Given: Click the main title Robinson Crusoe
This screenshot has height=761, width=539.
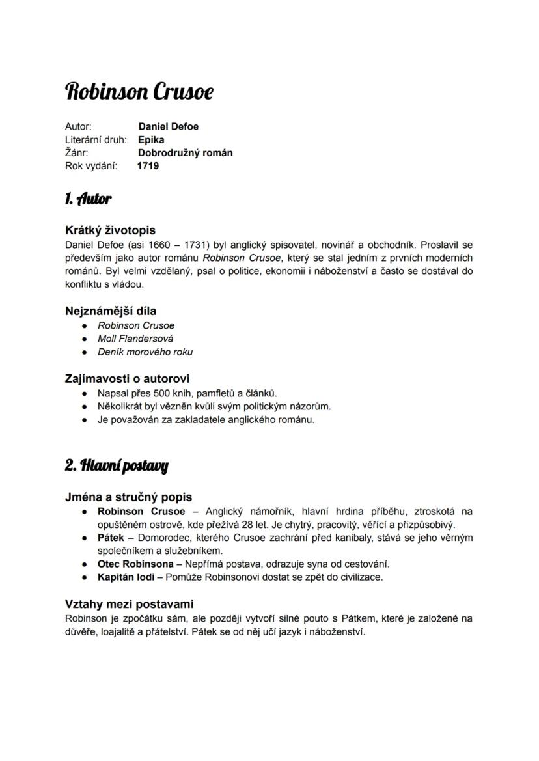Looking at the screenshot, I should tap(139, 92).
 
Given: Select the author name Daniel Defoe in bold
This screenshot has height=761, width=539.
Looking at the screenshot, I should tap(168, 126).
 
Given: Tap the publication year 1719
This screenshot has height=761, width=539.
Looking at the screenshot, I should tap(148, 166).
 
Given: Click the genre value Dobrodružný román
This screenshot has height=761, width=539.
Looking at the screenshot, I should tap(185, 153).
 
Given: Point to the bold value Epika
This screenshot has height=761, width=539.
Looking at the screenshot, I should tap(151, 140).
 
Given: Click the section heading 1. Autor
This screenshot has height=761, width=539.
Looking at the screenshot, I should tap(88, 199).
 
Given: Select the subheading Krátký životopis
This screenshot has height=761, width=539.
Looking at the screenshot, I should tap(110, 230).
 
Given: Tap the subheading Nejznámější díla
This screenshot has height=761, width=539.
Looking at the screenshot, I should tap(111, 311).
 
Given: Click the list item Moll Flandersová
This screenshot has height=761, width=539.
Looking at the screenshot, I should tap(135, 339).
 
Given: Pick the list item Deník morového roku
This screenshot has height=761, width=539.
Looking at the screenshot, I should tap(145, 352).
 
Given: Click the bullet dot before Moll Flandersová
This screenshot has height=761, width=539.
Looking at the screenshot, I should tap(84, 339).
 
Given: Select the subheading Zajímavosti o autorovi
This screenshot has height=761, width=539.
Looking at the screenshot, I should tap(128, 378).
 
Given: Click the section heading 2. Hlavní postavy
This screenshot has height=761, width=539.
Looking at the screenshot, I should tap(117, 465).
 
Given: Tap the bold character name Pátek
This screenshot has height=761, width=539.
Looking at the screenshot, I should tap(111, 538).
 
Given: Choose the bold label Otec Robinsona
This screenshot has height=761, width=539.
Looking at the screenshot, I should tap(135, 564).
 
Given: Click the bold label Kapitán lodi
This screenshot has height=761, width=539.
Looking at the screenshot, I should tap(126, 577).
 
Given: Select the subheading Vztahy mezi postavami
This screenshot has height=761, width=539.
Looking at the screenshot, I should tap(130, 604).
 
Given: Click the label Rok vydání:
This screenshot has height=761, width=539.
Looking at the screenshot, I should tap(91, 166).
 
